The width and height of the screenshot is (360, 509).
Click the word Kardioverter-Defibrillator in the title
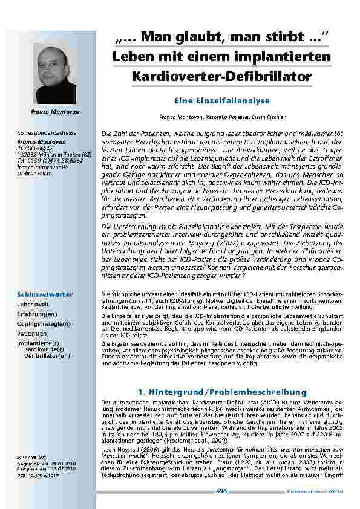(221, 77)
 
